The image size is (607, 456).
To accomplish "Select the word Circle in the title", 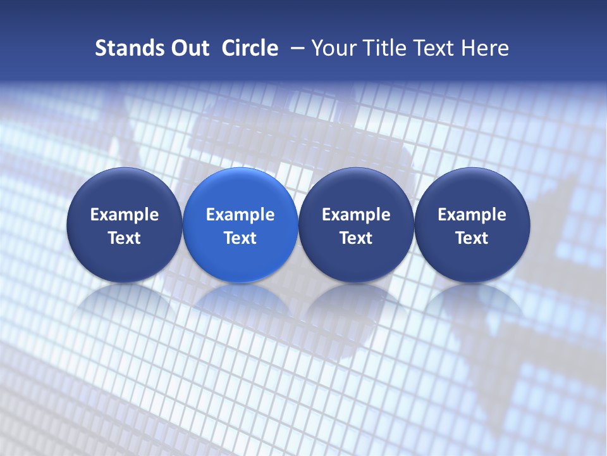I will pos(250,48).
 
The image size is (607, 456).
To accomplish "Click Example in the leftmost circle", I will pos(125,215).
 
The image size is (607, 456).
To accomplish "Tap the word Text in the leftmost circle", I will pos(125,238).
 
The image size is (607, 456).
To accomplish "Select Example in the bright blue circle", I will pos(240,215).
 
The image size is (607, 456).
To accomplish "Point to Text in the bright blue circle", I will pos(240,238).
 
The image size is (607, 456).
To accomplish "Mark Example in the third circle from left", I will pos(356,215).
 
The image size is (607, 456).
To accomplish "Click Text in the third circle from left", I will pos(356,238).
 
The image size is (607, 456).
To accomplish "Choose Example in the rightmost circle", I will pos(472,215).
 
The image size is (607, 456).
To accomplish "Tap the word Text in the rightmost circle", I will pos(472,238).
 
